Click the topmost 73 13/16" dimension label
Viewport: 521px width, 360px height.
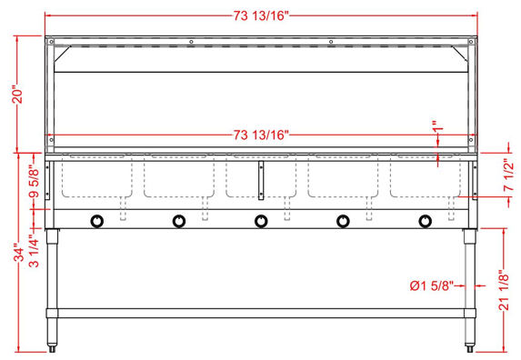pos(261,15)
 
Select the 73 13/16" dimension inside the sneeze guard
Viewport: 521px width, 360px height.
pos(261,135)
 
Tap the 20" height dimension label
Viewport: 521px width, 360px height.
pos(17,95)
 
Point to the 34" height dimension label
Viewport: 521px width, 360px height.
pos(20,254)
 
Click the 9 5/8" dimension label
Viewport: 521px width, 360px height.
pos(35,181)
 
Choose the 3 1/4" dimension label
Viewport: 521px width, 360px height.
pos(35,251)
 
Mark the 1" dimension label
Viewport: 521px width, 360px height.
pos(438,126)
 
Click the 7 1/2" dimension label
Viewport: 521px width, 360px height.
pos(508,175)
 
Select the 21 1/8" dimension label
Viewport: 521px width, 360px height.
pos(505,291)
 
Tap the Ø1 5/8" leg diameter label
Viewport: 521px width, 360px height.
pos(432,285)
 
